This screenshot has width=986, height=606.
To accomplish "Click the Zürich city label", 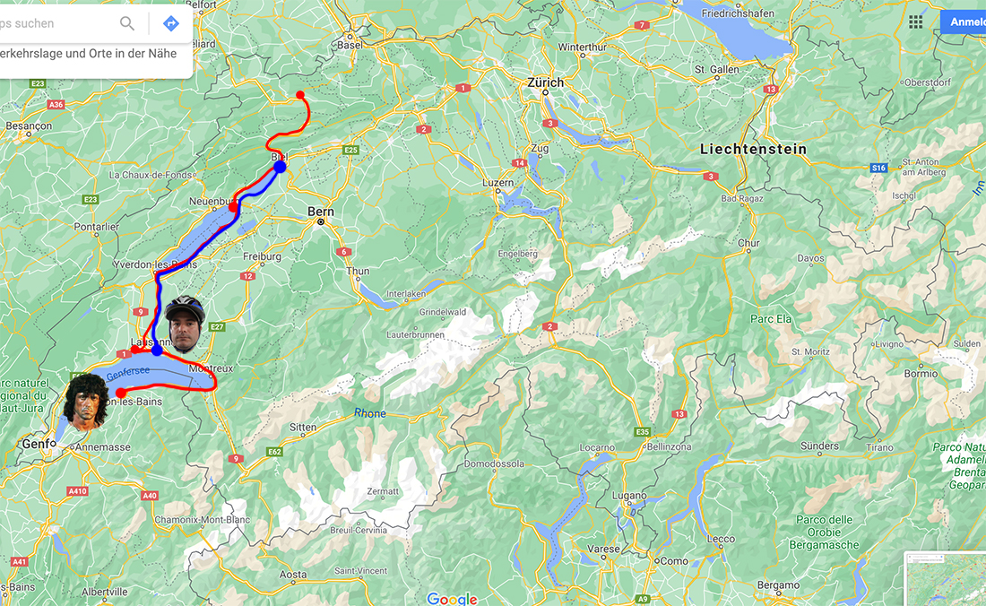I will tap(546, 82).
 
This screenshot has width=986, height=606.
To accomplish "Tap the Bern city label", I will tap(321, 212).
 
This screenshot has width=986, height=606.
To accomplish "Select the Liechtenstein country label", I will tap(753, 149).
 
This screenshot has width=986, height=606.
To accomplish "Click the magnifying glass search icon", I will tap(127, 23).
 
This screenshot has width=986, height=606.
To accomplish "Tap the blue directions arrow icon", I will tap(171, 23).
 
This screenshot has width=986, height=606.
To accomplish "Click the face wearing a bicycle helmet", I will tap(186, 324).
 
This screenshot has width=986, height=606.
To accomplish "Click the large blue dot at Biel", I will tap(280, 167).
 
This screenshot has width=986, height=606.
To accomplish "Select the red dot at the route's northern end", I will tap(300, 95).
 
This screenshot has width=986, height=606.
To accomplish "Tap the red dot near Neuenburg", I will tap(233, 207).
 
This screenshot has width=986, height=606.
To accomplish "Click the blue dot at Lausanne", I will tap(157, 350).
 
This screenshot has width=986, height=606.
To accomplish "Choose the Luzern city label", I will tap(498, 182).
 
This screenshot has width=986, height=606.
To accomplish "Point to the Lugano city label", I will tap(629, 496).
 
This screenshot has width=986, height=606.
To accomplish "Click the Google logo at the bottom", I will tap(452, 598).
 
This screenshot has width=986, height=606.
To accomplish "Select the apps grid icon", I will tap(915, 22).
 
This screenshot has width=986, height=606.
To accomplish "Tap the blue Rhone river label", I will tap(370, 413).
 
